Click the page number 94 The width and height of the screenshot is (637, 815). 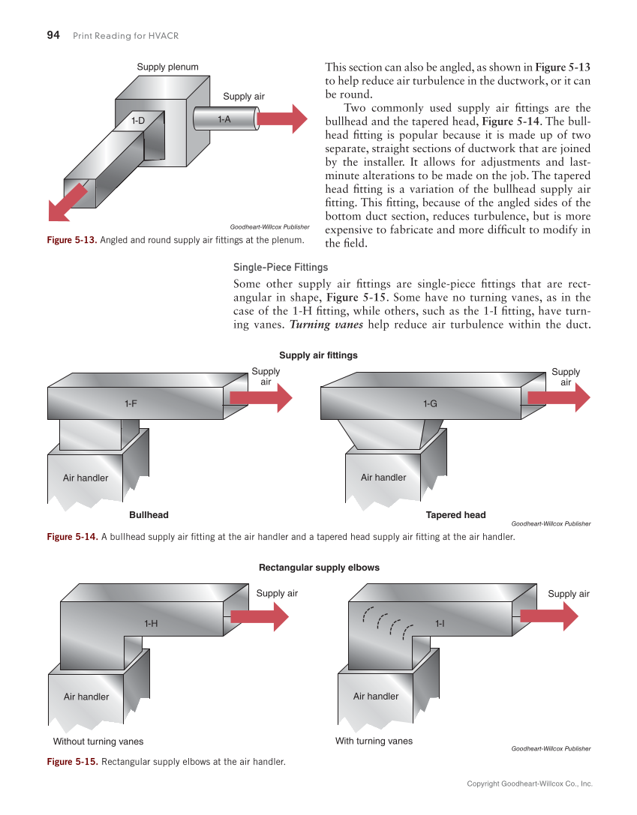point(53,35)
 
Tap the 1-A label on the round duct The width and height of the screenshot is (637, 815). point(224,119)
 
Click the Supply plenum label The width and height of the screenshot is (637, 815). point(167,67)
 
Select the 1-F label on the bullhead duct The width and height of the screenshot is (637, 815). point(131,404)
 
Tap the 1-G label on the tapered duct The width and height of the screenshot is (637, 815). point(429,404)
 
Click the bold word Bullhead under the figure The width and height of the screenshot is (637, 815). point(149,515)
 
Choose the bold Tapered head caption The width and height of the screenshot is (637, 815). point(455,515)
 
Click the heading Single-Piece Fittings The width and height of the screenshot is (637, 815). point(281,267)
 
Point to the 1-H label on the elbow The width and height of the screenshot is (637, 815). point(151,623)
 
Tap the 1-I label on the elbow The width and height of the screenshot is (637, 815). point(440,623)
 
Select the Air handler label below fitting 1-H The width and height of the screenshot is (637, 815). point(86,697)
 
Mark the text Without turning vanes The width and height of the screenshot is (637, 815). point(98,742)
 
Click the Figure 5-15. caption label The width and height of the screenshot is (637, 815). point(72,762)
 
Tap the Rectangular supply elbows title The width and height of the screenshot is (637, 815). point(319,568)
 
